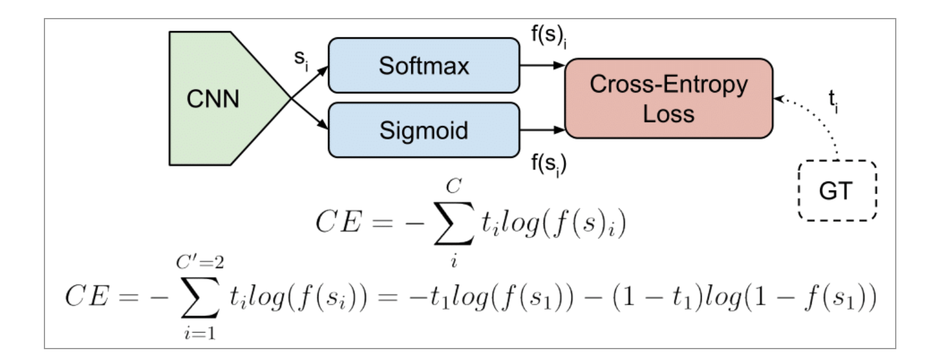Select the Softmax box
[424, 66]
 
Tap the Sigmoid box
[424, 130]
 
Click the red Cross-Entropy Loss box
[667, 99]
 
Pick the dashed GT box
[837, 191]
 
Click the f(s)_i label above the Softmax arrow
[549, 40]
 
